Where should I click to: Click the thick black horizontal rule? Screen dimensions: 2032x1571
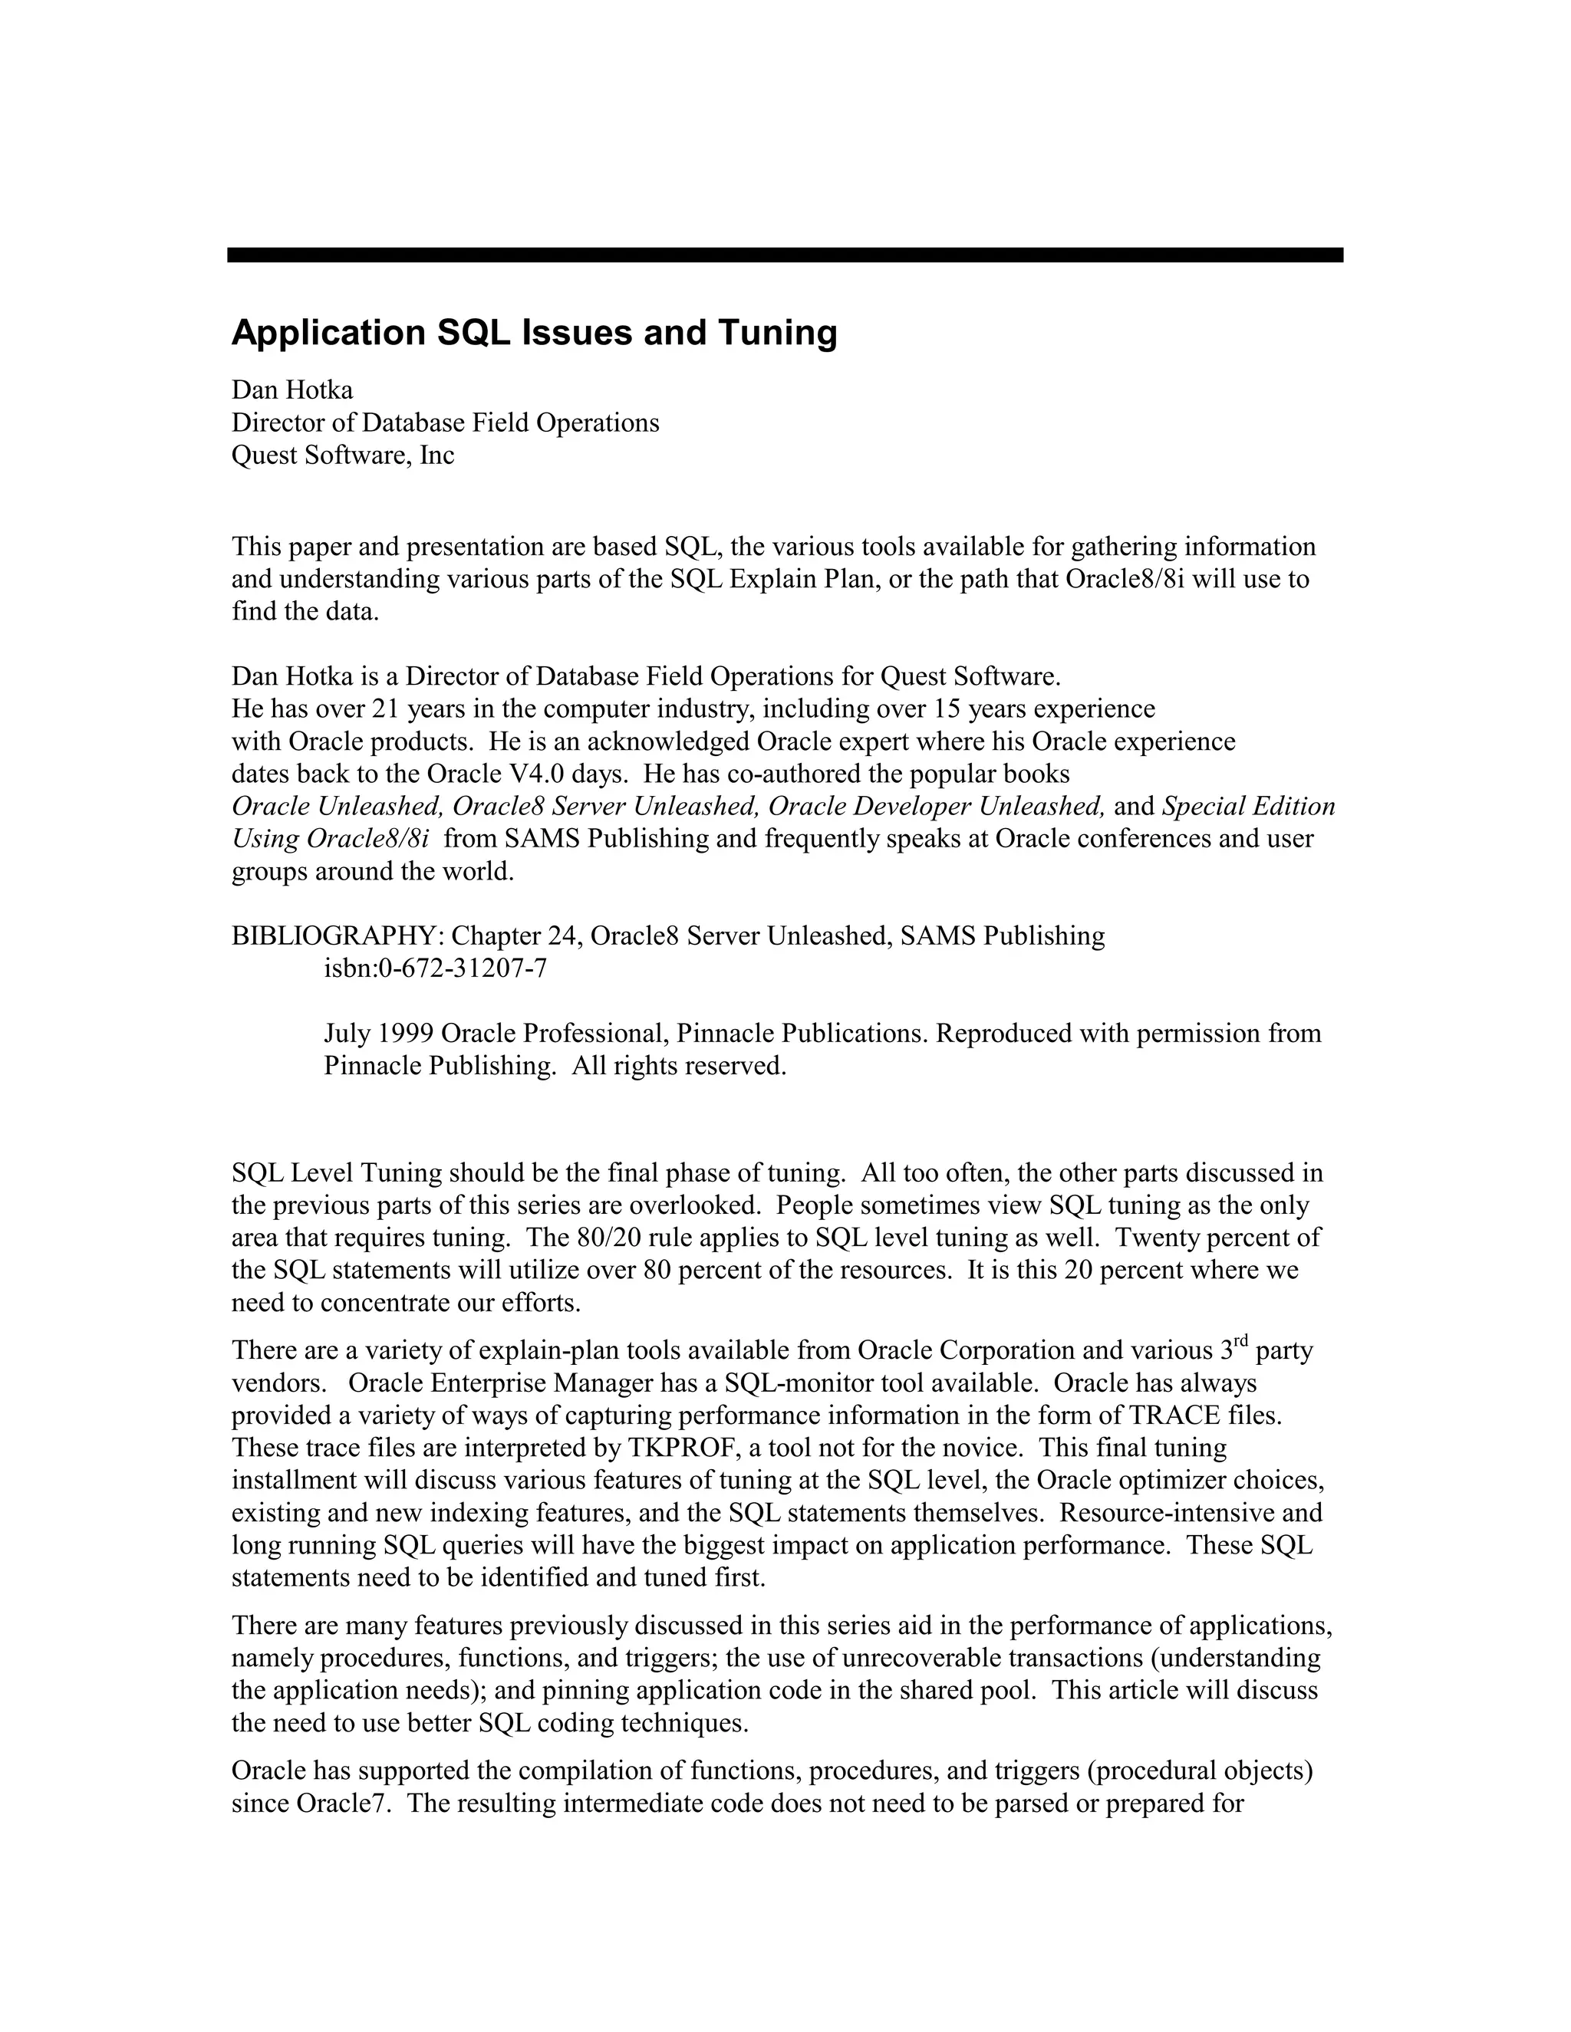(785, 255)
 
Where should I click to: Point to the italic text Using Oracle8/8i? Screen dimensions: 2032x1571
(331, 838)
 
